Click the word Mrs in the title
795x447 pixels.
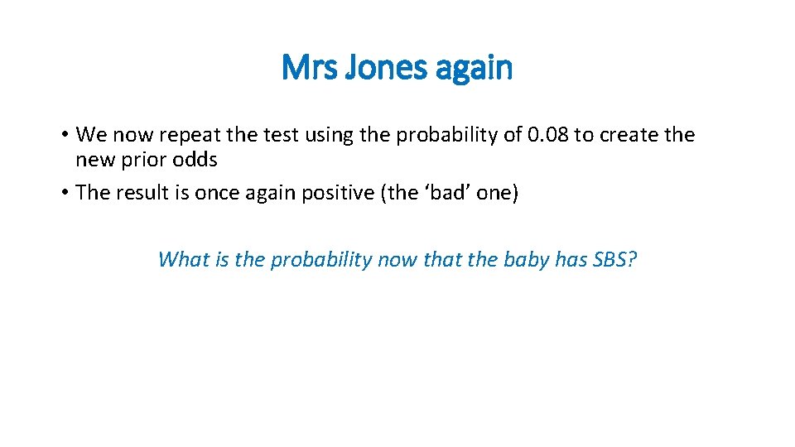[308, 68]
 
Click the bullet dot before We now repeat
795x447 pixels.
[63, 135]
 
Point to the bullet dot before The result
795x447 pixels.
[63, 193]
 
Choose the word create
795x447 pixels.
[622, 135]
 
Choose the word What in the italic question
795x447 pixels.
[182, 260]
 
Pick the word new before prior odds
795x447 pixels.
[93, 159]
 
